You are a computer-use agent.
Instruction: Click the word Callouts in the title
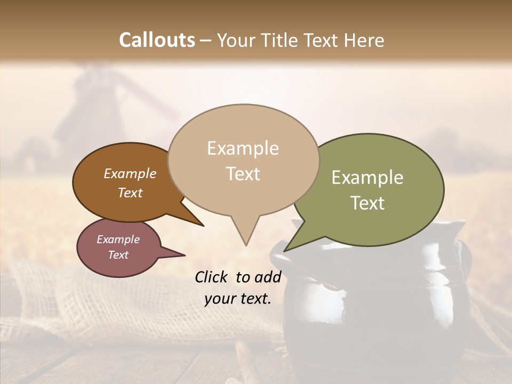coord(157,40)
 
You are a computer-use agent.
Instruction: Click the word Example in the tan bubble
coord(243,148)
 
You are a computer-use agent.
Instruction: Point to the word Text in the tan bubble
coord(243,174)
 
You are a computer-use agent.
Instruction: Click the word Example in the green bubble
coord(367,178)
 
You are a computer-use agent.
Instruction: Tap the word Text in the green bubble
coord(367,203)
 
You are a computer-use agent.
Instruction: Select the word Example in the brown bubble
coord(130,174)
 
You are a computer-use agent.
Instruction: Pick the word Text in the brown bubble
coord(130,193)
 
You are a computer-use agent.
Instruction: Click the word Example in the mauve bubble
coord(118,239)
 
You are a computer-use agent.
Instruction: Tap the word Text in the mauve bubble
coord(118,255)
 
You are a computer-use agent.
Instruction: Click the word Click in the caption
coord(213,277)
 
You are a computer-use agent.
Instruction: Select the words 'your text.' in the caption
coord(238,299)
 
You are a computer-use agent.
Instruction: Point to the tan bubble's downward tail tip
coord(246,245)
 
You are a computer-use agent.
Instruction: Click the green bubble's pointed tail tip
coord(284,251)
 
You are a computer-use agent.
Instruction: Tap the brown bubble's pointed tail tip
coord(203,226)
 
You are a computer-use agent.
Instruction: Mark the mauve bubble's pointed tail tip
coord(185,255)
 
